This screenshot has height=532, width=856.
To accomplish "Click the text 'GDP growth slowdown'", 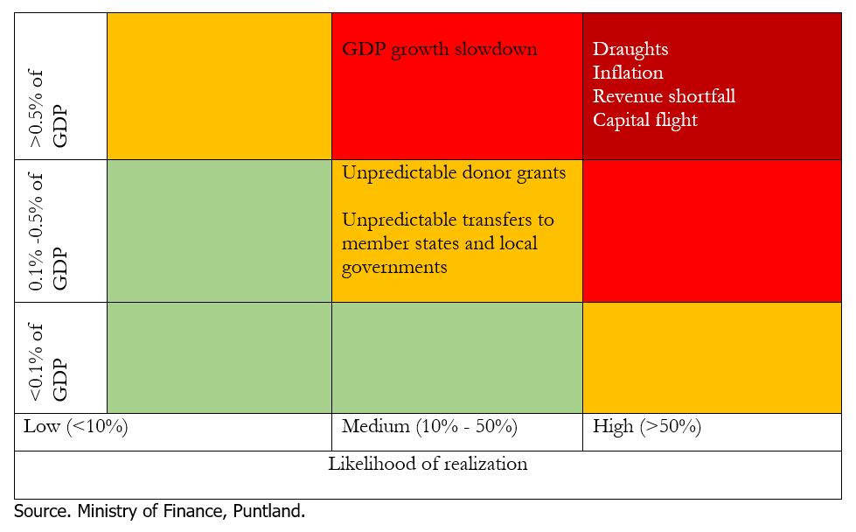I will pyautogui.click(x=439, y=49).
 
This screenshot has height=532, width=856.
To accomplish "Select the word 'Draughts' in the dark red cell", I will pyautogui.click(x=630, y=50).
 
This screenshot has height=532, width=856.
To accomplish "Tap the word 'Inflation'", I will pyautogui.click(x=628, y=73).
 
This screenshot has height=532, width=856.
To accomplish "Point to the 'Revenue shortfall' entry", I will pyautogui.click(x=664, y=96).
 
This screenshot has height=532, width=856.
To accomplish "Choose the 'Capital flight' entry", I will pyautogui.click(x=644, y=120).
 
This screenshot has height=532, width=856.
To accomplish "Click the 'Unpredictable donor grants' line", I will pyautogui.click(x=453, y=172).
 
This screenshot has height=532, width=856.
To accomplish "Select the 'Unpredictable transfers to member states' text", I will pyautogui.click(x=448, y=231).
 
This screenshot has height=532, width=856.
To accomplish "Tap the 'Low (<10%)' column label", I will pyautogui.click(x=76, y=427).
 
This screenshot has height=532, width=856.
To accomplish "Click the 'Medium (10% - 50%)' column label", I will pyautogui.click(x=429, y=427).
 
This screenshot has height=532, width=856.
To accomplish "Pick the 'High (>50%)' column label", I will pyautogui.click(x=646, y=427).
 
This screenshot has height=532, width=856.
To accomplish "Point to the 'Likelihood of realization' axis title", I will pyautogui.click(x=428, y=464).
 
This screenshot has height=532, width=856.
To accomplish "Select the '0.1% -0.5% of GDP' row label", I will pyautogui.click(x=48, y=231).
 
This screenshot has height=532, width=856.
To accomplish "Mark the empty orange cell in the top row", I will pyautogui.click(x=219, y=86).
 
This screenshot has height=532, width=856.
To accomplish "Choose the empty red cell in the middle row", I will pyautogui.click(x=711, y=231).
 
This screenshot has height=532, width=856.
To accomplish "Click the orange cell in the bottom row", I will pyautogui.click(x=711, y=358).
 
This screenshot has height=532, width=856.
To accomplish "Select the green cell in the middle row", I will pyautogui.click(x=219, y=231).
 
